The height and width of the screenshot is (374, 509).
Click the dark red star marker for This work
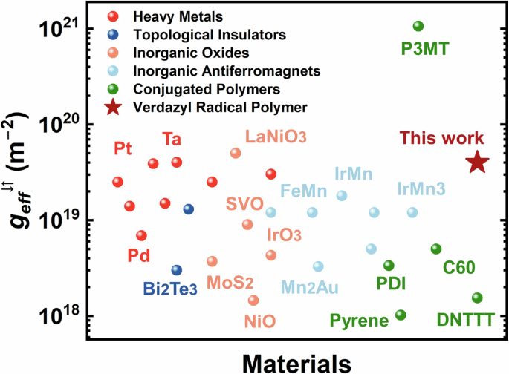coord(477,163)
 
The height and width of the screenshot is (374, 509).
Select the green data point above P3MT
coord(418,27)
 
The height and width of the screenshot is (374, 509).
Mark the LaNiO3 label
coord(276,137)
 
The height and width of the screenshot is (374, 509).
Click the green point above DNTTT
coord(477,298)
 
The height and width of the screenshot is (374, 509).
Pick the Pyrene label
coord(360,321)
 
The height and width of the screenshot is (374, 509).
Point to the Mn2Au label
coord(312,286)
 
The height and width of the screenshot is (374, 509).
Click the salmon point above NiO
coord(253,301)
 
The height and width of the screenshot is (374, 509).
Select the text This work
coord(442,138)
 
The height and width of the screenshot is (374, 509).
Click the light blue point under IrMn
coord(342,196)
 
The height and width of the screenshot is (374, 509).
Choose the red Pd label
coord(138,256)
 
